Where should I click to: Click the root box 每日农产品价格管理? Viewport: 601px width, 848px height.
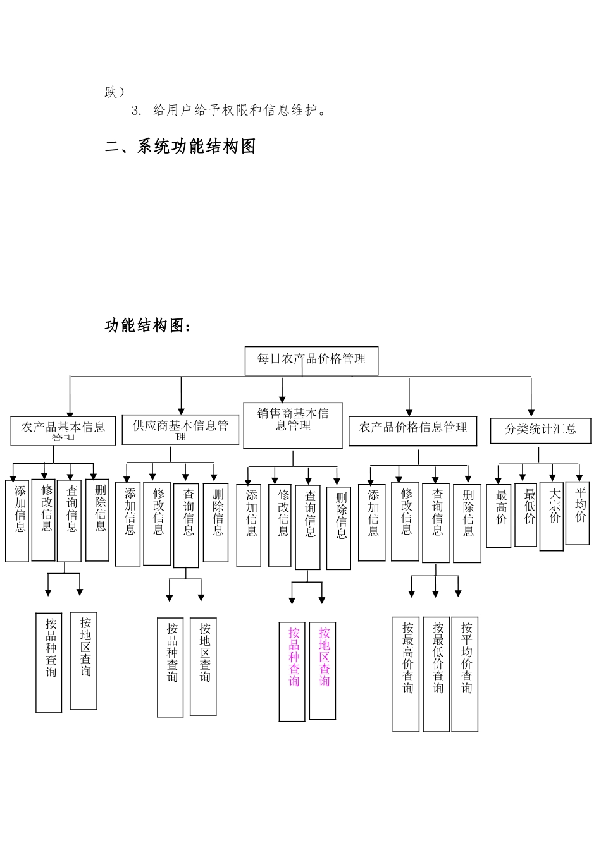tap(311, 360)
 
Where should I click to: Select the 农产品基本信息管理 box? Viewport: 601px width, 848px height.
tap(63, 430)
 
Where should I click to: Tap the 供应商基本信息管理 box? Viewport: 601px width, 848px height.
tap(180, 428)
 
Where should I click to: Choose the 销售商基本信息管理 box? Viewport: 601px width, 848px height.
tap(293, 425)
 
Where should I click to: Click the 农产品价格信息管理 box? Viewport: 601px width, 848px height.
tap(412, 430)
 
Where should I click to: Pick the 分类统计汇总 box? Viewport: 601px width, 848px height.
tap(540, 430)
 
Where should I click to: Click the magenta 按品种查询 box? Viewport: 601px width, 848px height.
tap(292, 671)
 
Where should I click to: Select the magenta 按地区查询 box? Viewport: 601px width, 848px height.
tap(323, 670)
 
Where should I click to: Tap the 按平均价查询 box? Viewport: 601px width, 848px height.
tap(465, 674)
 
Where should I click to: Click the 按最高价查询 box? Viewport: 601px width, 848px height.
tap(406, 674)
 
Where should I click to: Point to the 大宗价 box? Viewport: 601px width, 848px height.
tap(552, 516)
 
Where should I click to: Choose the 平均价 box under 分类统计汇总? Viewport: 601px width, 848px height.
tap(578, 512)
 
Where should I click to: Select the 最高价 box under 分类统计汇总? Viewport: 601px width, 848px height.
tap(499, 514)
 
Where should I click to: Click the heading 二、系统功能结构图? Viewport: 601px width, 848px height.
tap(180, 147)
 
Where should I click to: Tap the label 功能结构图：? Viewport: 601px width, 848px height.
tap(147, 326)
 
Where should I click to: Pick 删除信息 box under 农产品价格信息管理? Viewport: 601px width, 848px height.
tap(467, 523)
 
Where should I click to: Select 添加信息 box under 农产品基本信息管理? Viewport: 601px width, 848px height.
tap(17, 520)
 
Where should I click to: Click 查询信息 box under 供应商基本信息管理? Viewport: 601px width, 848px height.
tap(186, 524)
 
